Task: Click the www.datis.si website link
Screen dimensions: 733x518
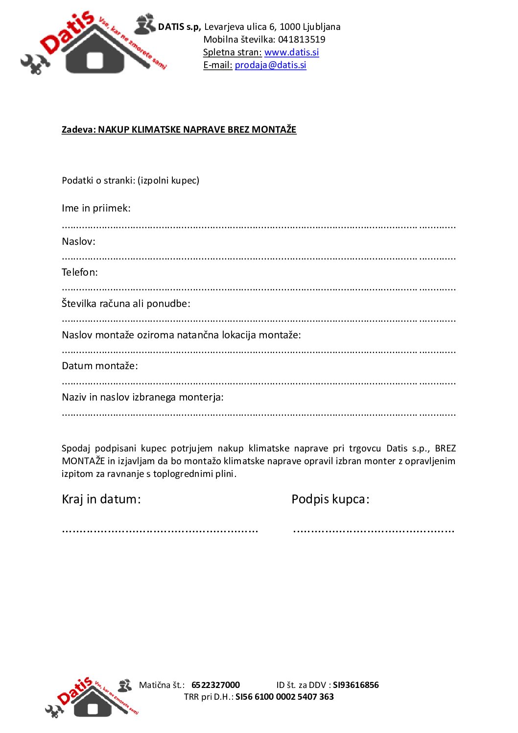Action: (x=291, y=52)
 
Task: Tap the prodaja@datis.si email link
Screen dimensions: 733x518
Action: (x=270, y=65)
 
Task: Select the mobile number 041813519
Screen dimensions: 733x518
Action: (x=302, y=40)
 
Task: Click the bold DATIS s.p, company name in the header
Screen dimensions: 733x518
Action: (x=179, y=27)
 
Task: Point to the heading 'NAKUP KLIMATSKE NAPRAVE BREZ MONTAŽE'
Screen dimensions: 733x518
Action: (x=197, y=130)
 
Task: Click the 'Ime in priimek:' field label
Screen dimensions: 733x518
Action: (x=96, y=208)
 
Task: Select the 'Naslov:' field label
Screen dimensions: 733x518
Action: (x=78, y=241)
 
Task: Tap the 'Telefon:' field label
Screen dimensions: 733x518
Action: (x=79, y=272)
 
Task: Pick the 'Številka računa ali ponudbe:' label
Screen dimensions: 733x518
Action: (x=126, y=304)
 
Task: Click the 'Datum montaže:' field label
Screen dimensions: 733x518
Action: (x=99, y=366)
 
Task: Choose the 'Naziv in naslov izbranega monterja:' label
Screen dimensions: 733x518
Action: (x=142, y=397)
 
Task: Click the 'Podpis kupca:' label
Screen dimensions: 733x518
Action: (x=330, y=499)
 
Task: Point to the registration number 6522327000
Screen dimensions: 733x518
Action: (x=215, y=685)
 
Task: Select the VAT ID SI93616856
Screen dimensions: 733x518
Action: (x=355, y=685)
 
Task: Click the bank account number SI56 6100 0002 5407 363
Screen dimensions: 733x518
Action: (x=284, y=697)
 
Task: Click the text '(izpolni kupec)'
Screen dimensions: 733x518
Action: (x=168, y=181)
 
